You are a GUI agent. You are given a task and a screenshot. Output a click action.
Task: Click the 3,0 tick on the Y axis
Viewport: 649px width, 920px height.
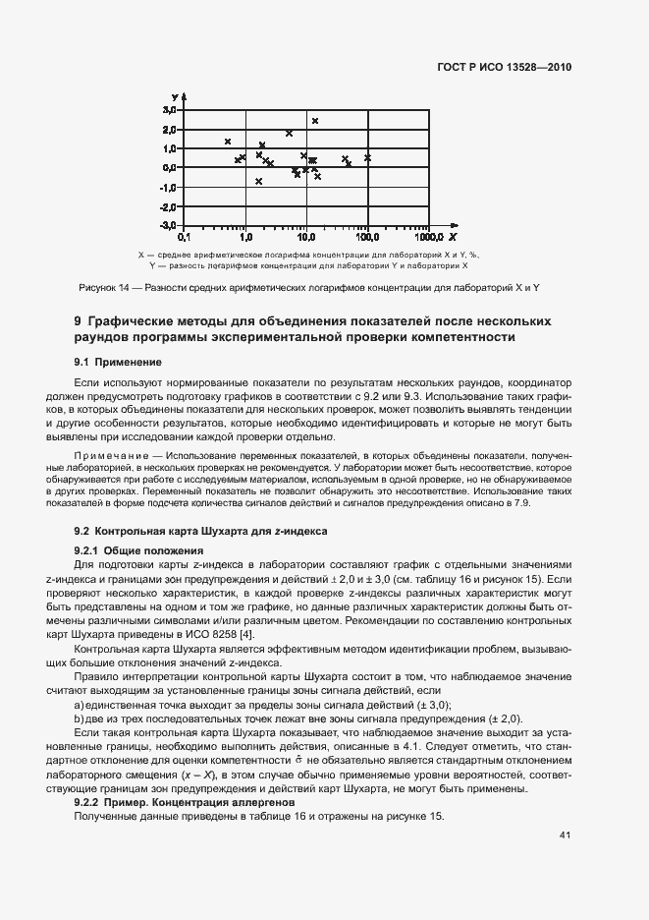tap(170, 111)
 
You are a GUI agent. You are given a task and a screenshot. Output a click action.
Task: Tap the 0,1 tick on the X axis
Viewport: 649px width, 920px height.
tap(183, 238)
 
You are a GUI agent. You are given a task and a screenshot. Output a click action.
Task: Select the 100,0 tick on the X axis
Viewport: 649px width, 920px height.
tap(367, 238)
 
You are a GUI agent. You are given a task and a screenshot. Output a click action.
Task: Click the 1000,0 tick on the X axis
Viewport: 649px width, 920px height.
tap(429, 238)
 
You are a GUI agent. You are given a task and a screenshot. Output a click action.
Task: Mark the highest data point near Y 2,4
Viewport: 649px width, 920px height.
tap(315, 121)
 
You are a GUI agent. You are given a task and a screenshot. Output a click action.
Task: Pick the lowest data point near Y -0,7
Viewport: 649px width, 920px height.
tap(259, 181)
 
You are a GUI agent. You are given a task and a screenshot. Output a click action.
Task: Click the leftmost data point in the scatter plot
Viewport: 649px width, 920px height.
tap(228, 142)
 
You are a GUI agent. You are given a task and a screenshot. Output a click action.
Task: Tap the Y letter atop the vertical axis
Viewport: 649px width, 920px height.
tap(174, 96)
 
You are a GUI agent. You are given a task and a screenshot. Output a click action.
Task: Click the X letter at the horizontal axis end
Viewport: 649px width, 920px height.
tap(453, 238)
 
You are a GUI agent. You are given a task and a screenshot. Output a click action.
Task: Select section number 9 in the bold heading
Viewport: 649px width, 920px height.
tap(79, 321)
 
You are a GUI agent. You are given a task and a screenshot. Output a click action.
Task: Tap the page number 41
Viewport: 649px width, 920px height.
tap(565, 835)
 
